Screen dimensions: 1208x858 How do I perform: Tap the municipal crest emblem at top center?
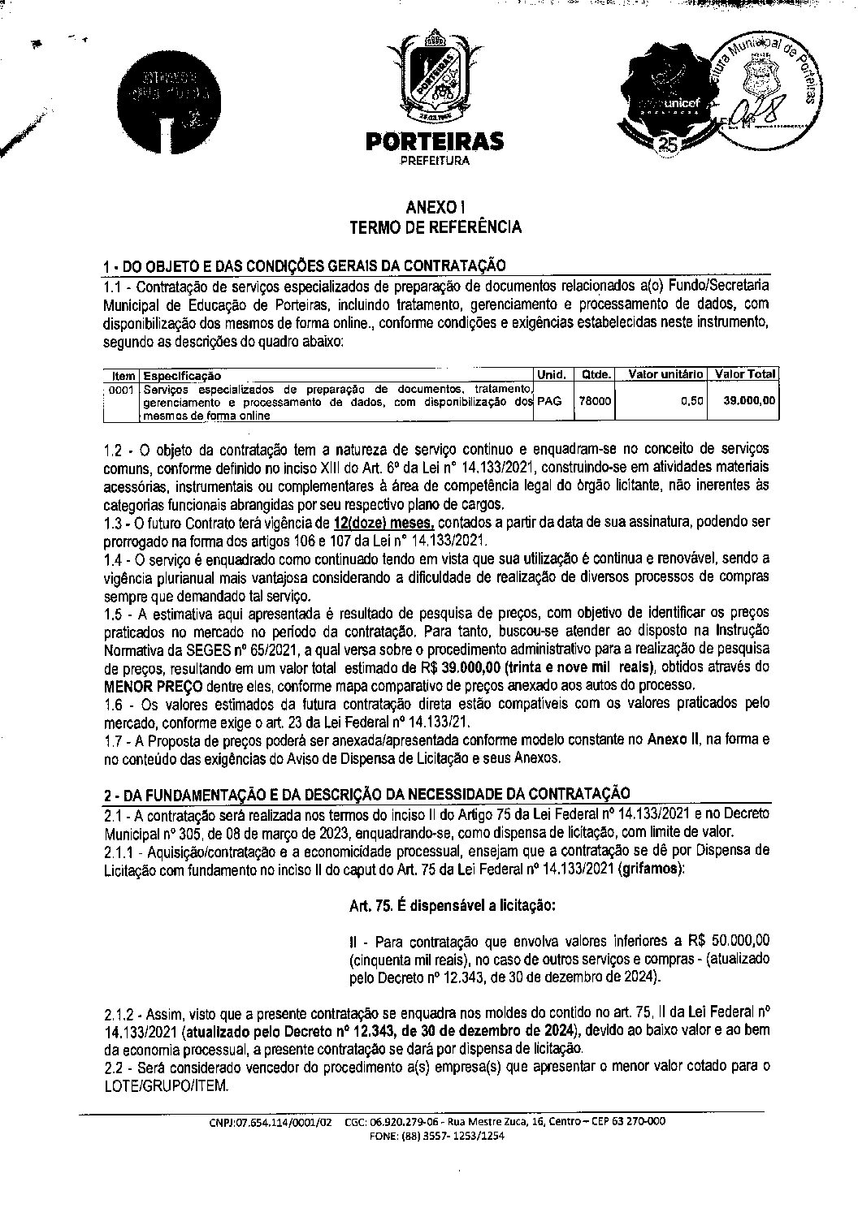tap(434, 76)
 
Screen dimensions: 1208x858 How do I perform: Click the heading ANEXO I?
tap(435, 209)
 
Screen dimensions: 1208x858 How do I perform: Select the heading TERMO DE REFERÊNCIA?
tap(435, 227)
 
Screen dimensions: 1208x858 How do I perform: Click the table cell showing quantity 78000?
tap(594, 401)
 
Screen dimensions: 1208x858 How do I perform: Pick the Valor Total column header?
tap(744, 374)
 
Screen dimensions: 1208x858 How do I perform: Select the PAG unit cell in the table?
tap(550, 401)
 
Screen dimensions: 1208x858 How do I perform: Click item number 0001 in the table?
tap(122, 390)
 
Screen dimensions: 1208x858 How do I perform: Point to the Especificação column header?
tap(181, 376)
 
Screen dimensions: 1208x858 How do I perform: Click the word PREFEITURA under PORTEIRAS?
tap(434, 162)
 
